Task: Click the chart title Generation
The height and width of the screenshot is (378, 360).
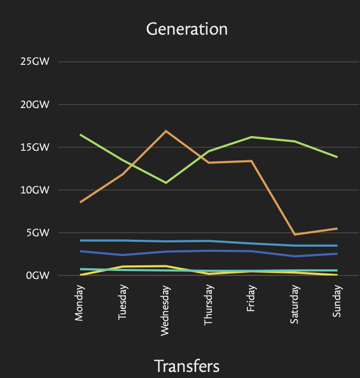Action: [x=187, y=29]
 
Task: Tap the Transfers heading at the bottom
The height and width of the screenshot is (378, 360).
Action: [x=187, y=366]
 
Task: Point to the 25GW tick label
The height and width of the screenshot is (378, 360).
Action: [x=35, y=61]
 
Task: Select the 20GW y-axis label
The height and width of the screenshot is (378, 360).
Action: [x=35, y=105]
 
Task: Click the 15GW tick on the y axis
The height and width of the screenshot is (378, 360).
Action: [x=35, y=147]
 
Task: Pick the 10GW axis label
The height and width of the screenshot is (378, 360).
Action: [x=35, y=190]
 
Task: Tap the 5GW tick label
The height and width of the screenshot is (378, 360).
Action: [x=38, y=233]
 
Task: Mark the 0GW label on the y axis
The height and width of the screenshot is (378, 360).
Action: [x=38, y=275]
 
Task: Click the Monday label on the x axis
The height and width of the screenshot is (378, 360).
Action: [x=79, y=303]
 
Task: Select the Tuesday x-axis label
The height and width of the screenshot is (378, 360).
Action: [x=123, y=302]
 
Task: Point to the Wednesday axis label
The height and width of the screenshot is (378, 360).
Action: [x=165, y=311]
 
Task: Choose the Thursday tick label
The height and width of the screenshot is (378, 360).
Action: [x=208, y=305]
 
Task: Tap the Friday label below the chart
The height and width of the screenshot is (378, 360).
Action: [x=251, y=298]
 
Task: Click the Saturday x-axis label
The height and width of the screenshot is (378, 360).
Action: [x=294, y=304]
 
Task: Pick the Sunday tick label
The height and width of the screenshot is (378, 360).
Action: [x=337, y=301]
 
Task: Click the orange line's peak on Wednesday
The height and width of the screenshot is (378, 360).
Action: [x=166, y=131]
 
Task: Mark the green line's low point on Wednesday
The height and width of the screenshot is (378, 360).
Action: [x=166, y=183]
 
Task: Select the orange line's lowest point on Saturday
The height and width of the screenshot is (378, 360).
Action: [x=295, y=234]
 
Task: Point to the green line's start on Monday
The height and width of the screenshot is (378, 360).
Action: [x=80, y=135]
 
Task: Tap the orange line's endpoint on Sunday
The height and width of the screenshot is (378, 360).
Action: [x=337, y=228]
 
